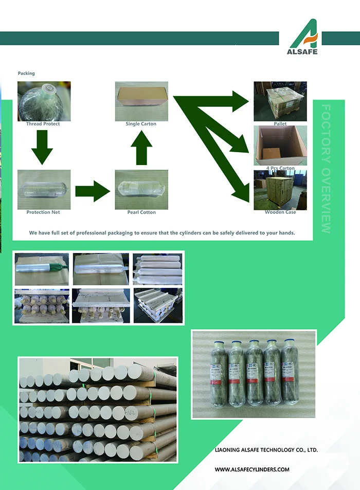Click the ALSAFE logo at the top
pyautogui.click(x=303, y=37)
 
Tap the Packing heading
pyautogui.click(x=26, y=74)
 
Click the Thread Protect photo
pyautogui.click(x=44, y=101)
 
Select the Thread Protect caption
pyautogui.click(x=43, y=124)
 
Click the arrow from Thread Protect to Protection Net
pyautogui.click(x=42, y=148)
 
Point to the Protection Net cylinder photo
pyautogui.click(x=44, y=189)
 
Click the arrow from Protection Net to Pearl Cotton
pyautogui.click(x=93, y=191)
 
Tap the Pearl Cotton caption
pyautogui.click(x=141, y=212)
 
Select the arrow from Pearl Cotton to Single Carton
pyautogui.click(x=141, y=149)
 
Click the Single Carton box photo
pyautogui.click(x=141, y=101)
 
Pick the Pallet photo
pyautogui.click(x=280, y=101)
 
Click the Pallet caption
pyautogui.click(x=280, y=124)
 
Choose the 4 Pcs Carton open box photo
pyautogui.click(x=280, y=146)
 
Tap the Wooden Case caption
pyautogui.click(x=280, y=212)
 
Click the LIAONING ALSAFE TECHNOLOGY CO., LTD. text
pyautogui.click(x=266, y=450)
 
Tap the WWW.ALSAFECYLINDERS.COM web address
pyautogui.click(x=252, y=469)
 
